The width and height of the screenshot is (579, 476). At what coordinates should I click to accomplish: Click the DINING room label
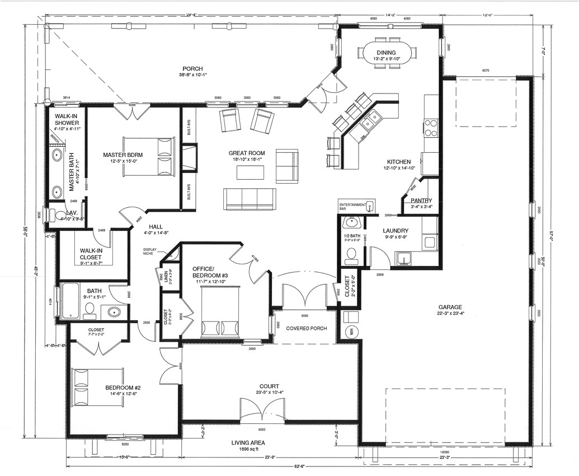point(385,53)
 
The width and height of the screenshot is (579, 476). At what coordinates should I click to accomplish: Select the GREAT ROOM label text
point(247,153)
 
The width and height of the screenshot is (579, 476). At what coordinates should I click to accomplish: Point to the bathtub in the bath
point(72,301)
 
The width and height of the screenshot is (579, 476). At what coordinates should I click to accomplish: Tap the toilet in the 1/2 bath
point(351,255)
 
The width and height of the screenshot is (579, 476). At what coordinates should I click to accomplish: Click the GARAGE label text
point(450,307)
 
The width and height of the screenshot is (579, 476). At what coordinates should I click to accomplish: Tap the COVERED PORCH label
point(306,329)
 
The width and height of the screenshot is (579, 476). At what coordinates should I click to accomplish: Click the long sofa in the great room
point(250,198)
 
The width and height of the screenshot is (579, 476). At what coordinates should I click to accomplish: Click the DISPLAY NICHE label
point(150,252)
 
